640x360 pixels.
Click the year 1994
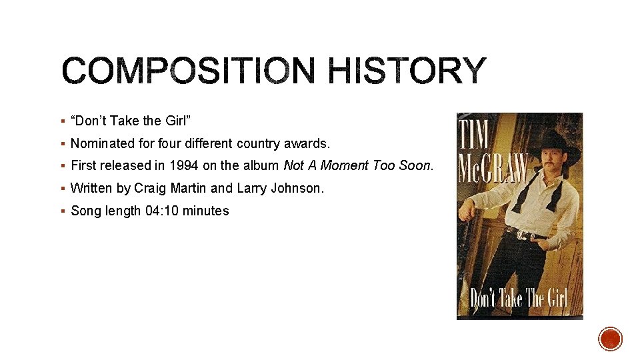point(183,165)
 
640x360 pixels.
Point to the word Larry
point(251,188)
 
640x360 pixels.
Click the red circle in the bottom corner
point(610,339)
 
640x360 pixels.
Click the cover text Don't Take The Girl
point(519,297)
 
